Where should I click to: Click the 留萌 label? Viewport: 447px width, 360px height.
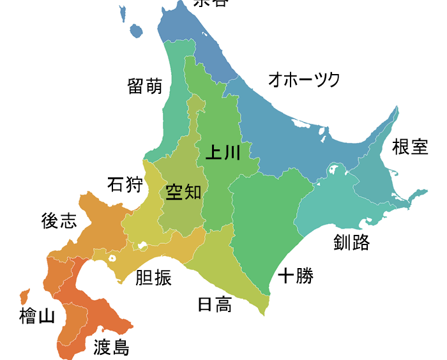(145, 86)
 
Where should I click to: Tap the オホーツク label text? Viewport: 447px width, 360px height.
(304, 80)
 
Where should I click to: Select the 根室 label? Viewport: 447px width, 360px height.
(410, 147)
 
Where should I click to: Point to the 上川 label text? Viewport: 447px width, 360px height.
(223, 153)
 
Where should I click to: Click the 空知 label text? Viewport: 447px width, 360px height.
(183, 191)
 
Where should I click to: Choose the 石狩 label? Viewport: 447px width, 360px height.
(125, 185)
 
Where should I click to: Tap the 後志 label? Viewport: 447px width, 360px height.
(59, 221)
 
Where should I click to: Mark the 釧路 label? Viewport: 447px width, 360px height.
(351, 242)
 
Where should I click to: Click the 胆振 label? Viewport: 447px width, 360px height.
(153, 278)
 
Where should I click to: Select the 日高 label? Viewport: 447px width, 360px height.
(215, 305)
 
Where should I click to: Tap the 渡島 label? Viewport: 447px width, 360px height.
(111, 347)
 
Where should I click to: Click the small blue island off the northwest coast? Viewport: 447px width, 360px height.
(135, 31)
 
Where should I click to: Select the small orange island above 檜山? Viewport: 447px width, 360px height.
(25, 296)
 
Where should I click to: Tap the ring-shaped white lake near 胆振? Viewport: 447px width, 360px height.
(112, 259)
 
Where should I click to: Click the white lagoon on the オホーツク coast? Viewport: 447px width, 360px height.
(323, 134)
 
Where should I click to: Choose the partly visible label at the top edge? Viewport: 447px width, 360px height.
(210, 3)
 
